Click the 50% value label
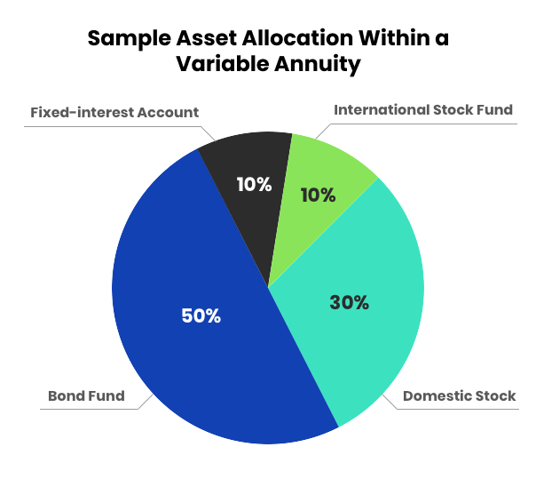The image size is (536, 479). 201,315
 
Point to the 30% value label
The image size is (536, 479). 349,302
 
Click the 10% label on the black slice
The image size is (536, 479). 254,185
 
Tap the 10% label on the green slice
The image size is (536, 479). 318,195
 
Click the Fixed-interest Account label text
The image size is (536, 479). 114,113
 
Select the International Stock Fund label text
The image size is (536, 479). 423,110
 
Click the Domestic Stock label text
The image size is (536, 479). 459,395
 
